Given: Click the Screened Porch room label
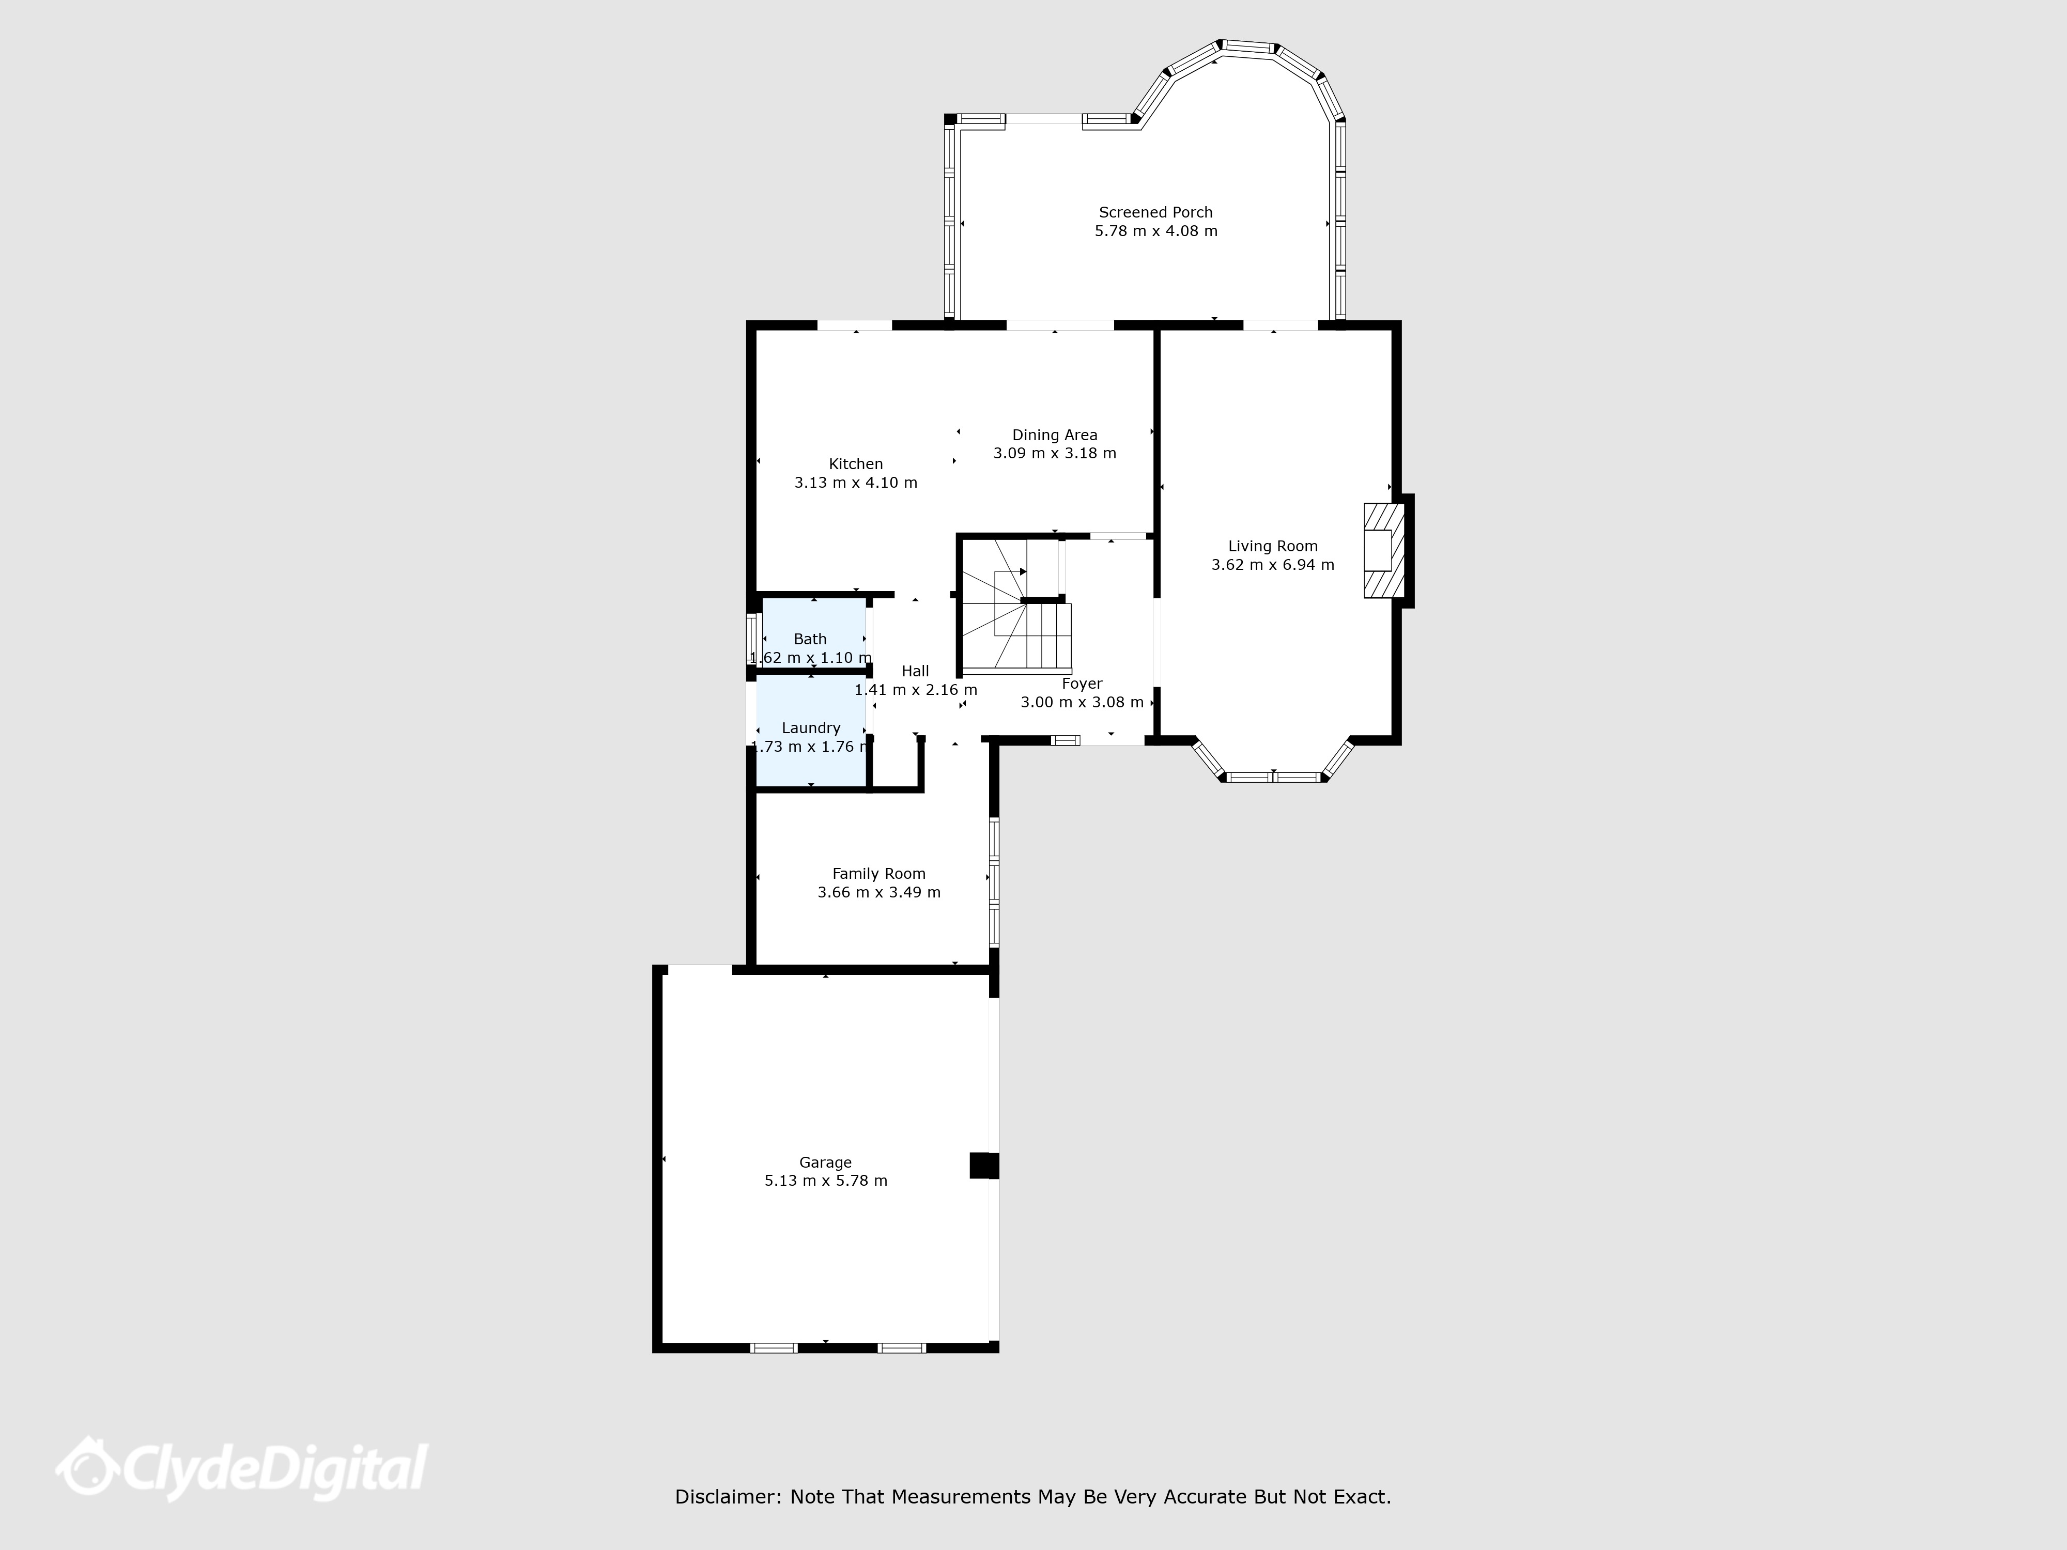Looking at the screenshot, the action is (x=1156, y=212).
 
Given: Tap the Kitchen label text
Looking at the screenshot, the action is (x=856, y=463).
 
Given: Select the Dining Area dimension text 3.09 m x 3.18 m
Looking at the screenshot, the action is (x=1055, y=453).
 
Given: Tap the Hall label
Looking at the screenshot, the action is (x=916, y=671).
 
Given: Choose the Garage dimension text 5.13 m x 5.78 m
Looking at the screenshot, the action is (x=826, y=1181).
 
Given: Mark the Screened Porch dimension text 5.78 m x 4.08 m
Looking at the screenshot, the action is (x=1156, y=231).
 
